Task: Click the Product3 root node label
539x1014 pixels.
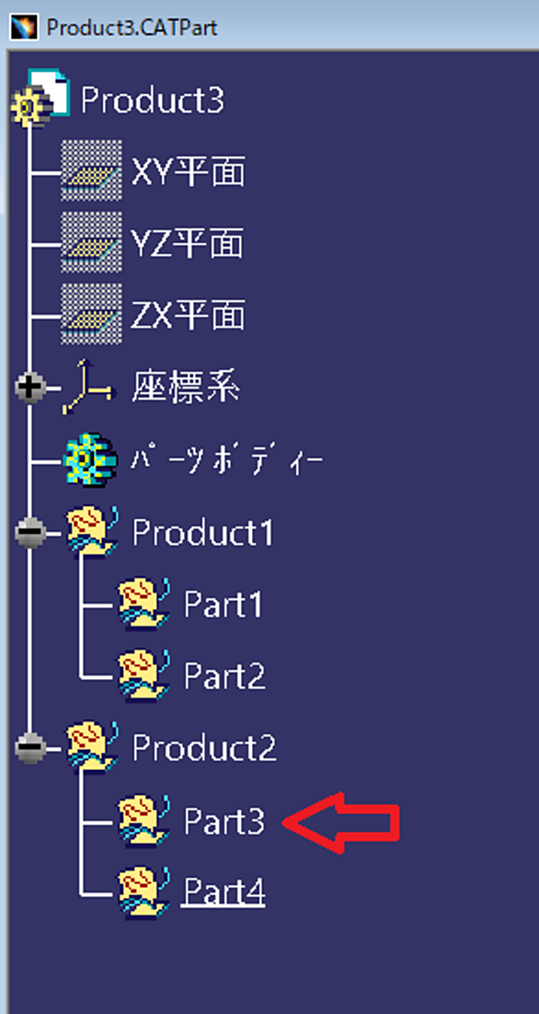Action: click(x=153, y=101)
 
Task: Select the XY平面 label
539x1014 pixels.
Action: click(x=188, y=172)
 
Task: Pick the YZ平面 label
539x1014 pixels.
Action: click(x=188, y=244)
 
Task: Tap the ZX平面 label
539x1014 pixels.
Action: click(x=188, y=316)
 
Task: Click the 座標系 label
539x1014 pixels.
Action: click(x=186, y=387)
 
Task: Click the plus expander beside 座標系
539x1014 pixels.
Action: click(x=29, y=388)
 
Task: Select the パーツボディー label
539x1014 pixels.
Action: click(x=227, y=460)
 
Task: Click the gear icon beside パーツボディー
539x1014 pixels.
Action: click(x=90, y=460)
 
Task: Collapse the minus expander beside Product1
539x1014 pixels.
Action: click(x=29, y=532)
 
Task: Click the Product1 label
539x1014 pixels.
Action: click(x=203, y=532)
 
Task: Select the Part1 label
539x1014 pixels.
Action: click(x=223, y=604)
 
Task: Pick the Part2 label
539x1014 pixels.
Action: click(x=224, y=675)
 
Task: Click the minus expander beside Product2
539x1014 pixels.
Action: click(x=29, y=747)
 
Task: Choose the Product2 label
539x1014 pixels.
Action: click(x=204, y=747)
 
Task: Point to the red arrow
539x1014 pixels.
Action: click(x=341, y=823)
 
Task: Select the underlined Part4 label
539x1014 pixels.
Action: click(x=224, y=893)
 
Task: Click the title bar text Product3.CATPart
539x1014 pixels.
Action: click(x=132, y=28)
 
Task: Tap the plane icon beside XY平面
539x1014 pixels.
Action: click(x=91, y=170)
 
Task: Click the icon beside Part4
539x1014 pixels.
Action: click(x=143, y=893)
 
